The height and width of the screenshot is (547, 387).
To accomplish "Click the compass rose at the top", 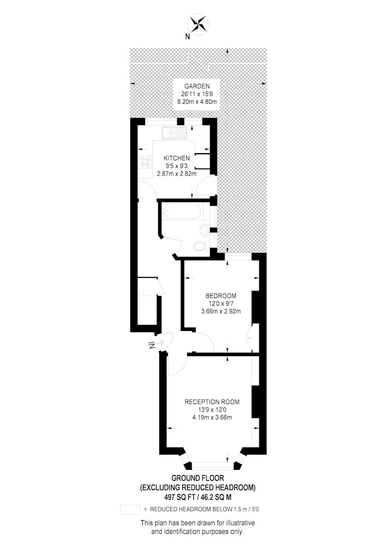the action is click(x=198, y=24).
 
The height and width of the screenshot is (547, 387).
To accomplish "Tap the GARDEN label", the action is click(x=197, y=86).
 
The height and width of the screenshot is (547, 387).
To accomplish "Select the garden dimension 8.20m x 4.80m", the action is click(x=197, y=102).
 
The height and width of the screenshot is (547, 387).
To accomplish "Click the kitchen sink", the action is click(x=174, y=132).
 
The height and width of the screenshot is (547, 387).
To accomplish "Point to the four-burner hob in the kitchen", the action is click(x=146, y=161).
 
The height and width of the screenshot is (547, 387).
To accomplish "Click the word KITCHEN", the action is click(x=177, y=158).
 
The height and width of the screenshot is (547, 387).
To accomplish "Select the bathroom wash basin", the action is click(x=204, y=229).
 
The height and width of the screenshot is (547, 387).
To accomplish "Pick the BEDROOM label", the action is click(x=221, y=296).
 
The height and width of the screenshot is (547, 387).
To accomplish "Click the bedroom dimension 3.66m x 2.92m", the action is click(x=221, y=311).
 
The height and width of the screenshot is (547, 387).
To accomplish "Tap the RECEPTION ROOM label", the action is click(x=212, y=402).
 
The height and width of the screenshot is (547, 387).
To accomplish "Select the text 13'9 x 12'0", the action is click(x=212, y=410).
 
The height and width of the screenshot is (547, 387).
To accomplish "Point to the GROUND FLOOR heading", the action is click(x=198, y=478).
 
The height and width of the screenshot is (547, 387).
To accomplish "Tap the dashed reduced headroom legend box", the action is click(x=130, y=509).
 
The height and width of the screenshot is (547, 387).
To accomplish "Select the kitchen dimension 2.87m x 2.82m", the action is click(x=177, y=173).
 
